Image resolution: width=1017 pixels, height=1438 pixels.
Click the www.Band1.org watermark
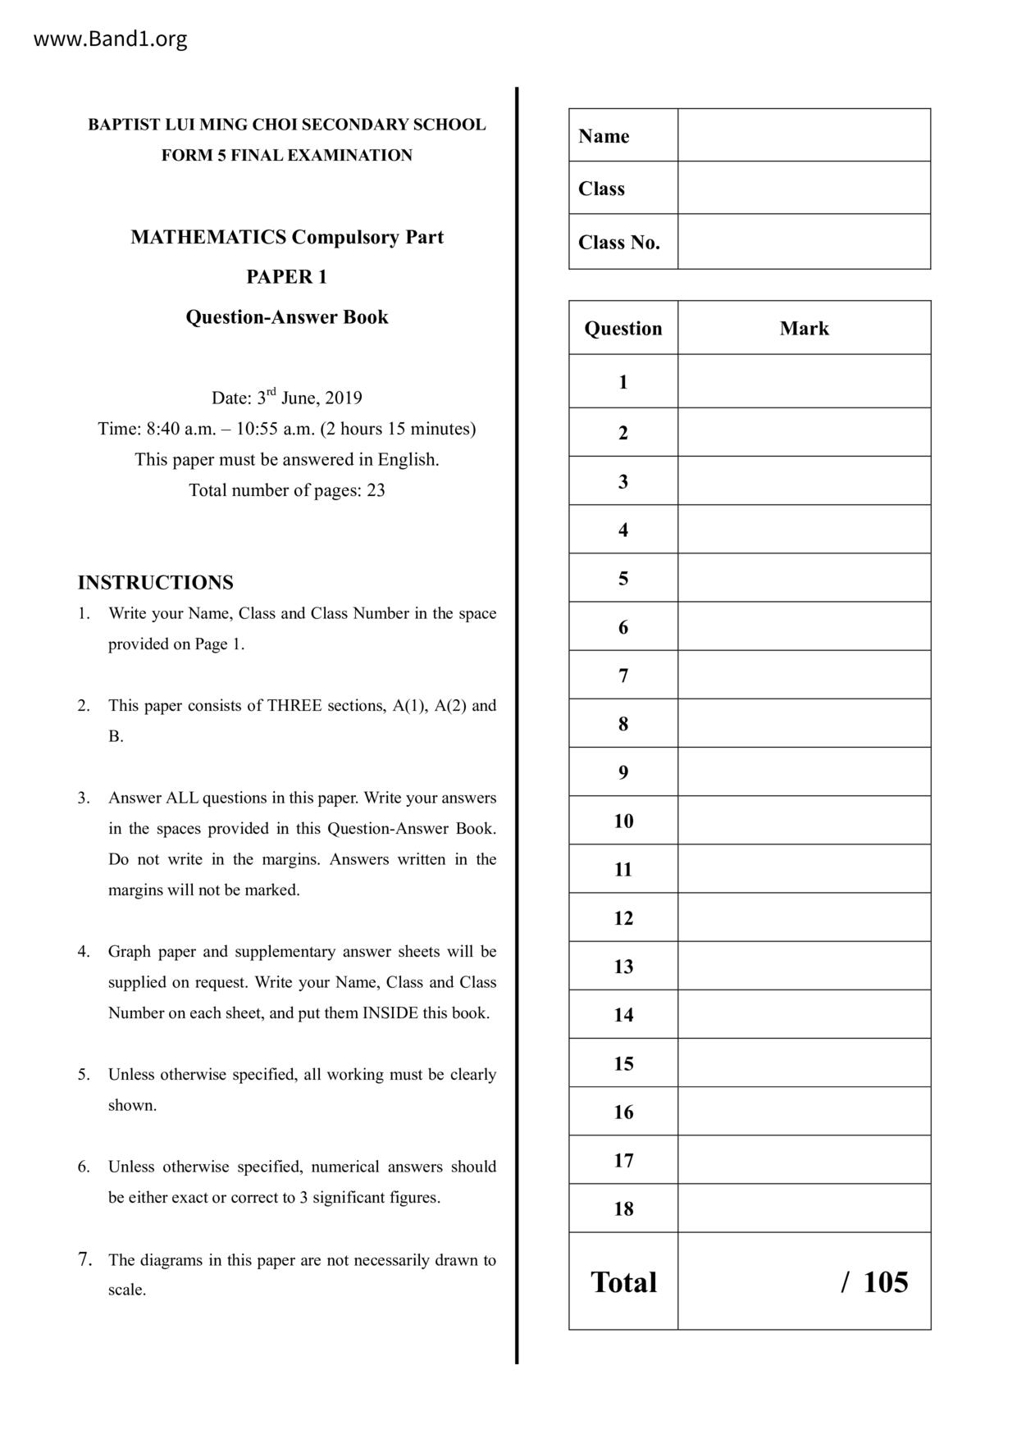pos(110,39)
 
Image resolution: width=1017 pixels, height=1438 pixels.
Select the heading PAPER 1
pos(286,277)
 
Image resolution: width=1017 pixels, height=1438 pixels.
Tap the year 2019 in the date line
pos(344,398)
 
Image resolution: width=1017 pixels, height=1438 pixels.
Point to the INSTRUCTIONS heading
pos(155,583)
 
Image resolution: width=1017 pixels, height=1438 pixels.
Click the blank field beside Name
pos(804,135)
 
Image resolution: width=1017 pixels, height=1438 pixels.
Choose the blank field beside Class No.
pos(804,242)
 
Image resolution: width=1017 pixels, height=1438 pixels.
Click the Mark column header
pos(804,329)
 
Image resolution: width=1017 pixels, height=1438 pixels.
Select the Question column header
pos(623,329)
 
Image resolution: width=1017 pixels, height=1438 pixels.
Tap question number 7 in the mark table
pos(623,676)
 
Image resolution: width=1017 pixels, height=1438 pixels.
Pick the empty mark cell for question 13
pos(804,966)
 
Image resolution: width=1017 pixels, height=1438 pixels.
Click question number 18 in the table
pos(623,1208)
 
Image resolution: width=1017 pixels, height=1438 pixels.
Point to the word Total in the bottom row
pos(623,1282)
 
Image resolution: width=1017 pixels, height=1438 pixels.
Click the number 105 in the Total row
pos(885,1282)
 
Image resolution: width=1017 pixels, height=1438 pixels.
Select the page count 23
pos(376,491)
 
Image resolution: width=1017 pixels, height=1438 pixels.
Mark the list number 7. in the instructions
pos(84,1259)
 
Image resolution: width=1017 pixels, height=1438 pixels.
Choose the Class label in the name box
pos(601,189)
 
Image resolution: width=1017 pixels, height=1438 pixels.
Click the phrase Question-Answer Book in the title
pos(286,317)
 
